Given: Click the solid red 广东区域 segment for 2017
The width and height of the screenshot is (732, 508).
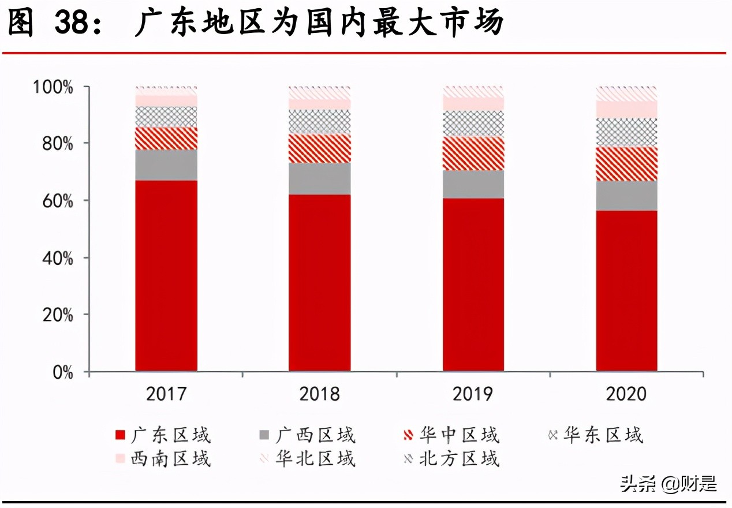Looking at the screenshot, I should click(166, 275).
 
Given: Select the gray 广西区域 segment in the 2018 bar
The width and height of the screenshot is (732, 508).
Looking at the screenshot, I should click(320, 178).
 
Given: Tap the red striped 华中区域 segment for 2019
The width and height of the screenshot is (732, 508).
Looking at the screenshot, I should click(473, 154).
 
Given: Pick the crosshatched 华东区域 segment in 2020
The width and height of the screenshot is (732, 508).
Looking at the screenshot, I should click(626, 132).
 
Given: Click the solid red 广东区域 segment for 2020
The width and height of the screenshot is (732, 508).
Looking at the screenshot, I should click(626, 290).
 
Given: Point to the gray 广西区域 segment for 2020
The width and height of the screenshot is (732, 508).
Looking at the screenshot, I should click(626, 196).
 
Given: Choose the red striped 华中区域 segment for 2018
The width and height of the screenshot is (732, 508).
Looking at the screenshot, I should click(320, 148).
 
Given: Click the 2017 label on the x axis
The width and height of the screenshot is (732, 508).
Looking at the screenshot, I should click(166, 394).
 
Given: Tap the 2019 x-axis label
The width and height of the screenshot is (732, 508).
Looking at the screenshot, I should click(473, 394).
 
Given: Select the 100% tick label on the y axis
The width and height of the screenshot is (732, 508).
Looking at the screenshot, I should click(53, 88).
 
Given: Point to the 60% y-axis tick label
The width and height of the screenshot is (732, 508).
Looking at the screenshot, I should click(57, 201).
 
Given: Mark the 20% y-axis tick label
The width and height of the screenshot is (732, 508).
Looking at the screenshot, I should click(57, 316).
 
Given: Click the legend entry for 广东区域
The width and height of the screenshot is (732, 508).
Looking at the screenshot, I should click(163, 435).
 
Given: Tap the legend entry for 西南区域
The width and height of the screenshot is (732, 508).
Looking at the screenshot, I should click(163, 459).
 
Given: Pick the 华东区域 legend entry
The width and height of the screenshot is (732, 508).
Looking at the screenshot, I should click(595, 435).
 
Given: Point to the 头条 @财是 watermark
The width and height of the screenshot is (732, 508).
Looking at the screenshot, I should click(668, 483).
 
